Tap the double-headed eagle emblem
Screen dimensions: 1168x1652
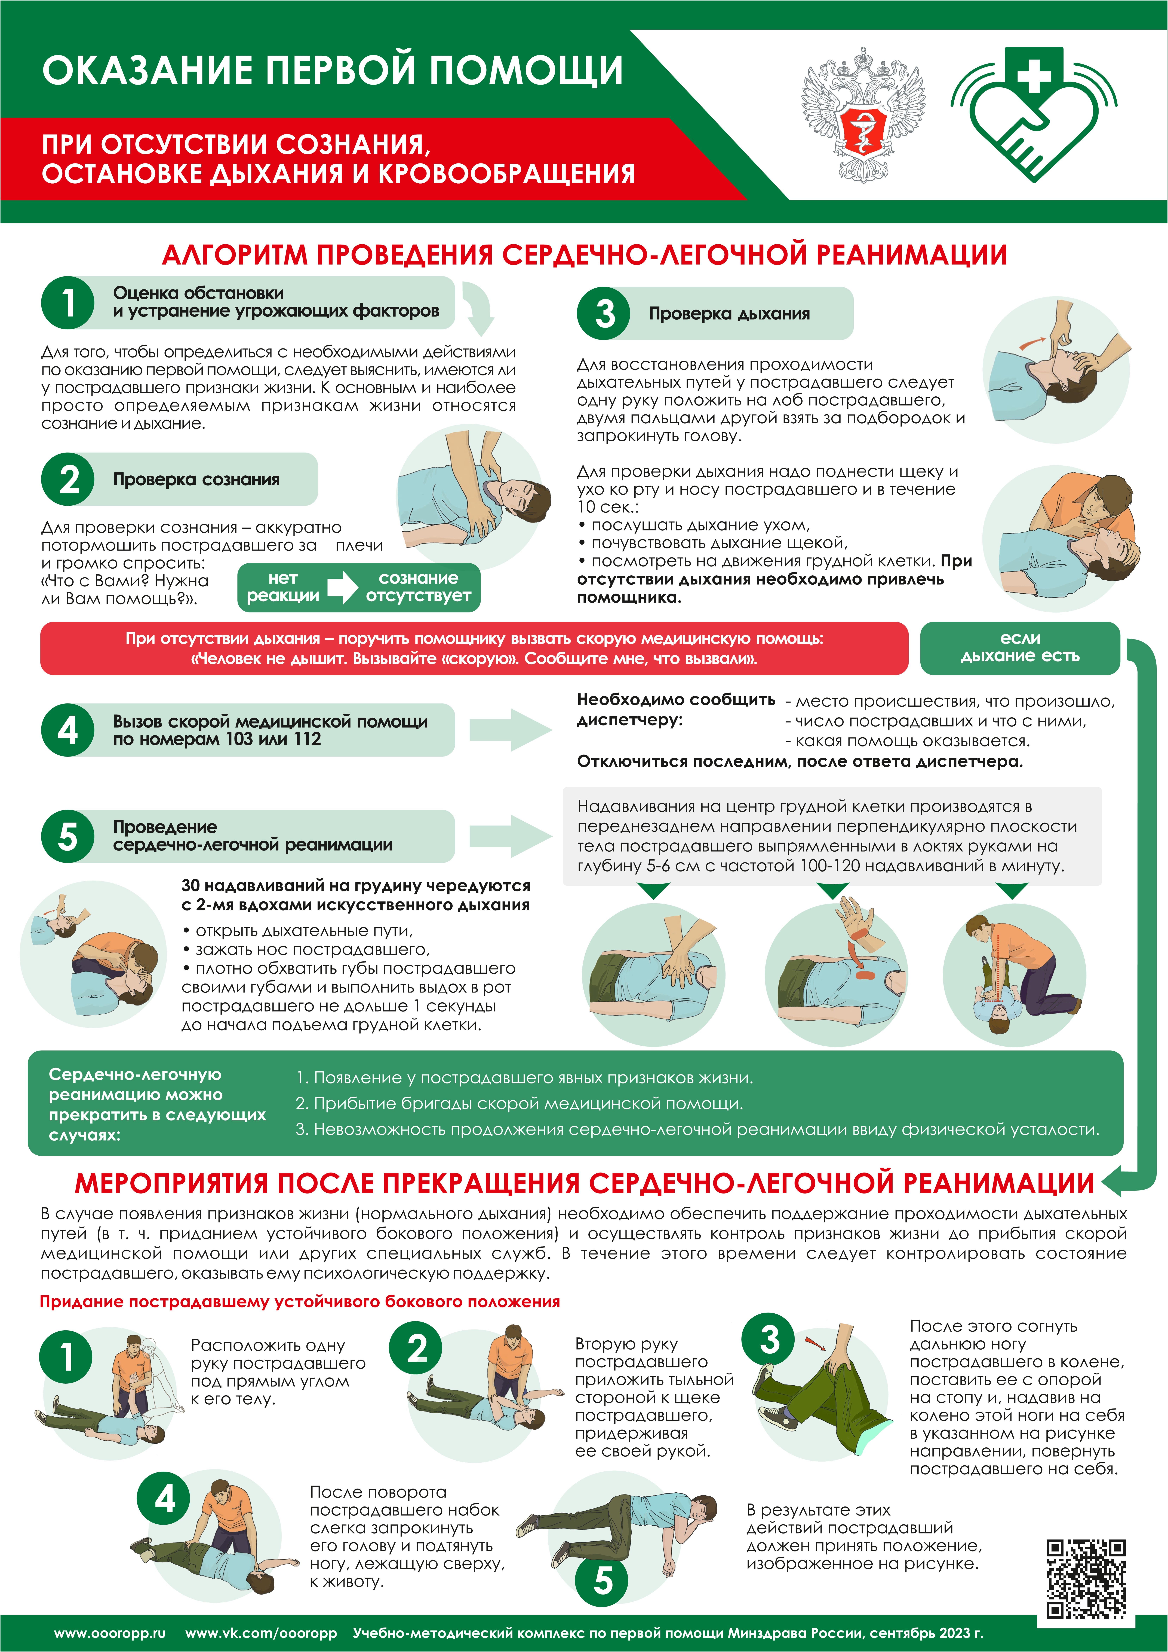tap(863, 115)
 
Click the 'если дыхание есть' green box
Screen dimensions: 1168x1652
tap(1020, 648)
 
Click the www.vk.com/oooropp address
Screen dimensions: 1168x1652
tap(261, 1633)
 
